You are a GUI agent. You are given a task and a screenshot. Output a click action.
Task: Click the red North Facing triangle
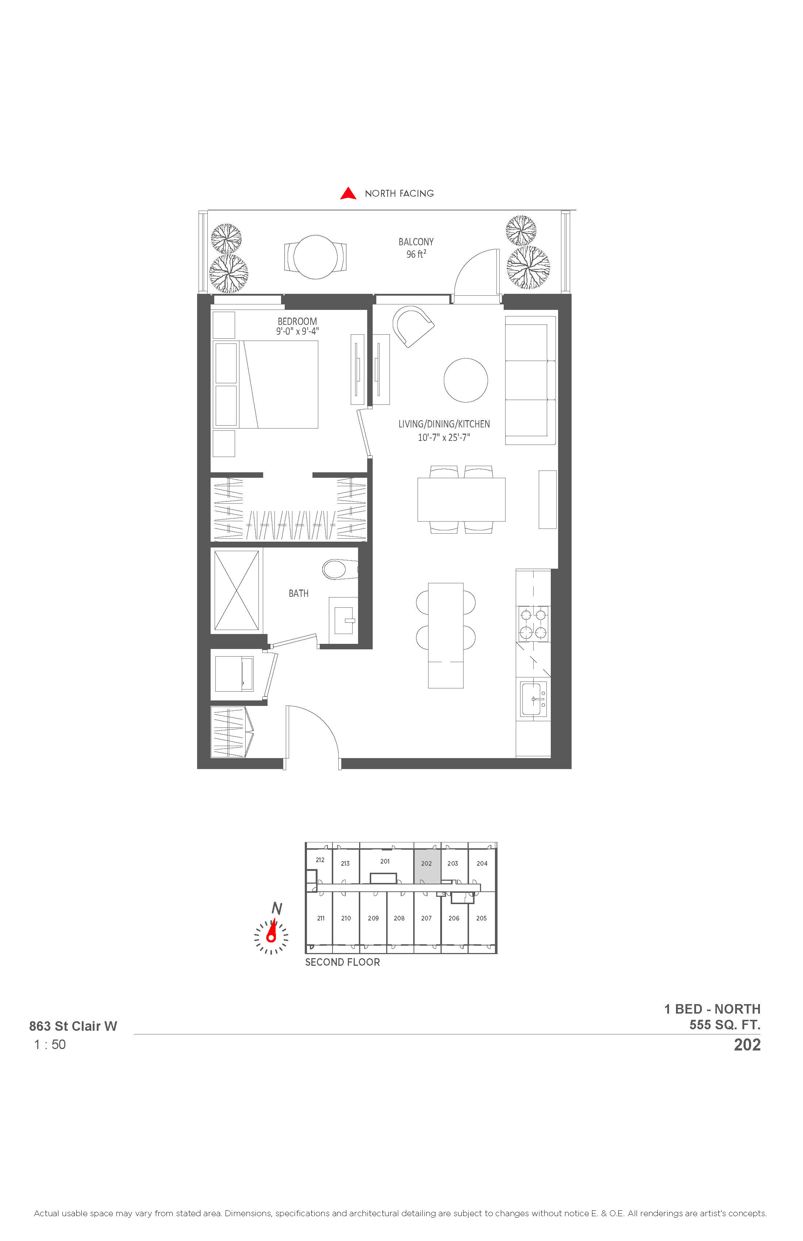(x=348, y=193)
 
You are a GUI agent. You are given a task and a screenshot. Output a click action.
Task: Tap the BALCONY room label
(x=416, y=242)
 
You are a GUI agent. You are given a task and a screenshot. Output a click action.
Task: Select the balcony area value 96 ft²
(x=416, y=254)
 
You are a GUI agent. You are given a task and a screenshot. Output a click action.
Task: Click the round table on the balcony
(x=315, y=257)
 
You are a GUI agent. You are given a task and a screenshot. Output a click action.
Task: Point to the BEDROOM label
(x=297, y=321)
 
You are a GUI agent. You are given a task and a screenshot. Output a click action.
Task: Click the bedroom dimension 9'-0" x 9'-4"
(x=297, y=331)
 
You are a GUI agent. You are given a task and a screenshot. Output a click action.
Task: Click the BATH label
(x=299, y=593)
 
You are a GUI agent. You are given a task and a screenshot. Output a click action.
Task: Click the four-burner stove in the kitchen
(x=533, y=624)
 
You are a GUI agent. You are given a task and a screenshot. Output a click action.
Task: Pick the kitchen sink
(x=533, y=699)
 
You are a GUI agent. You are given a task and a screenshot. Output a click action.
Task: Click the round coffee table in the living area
(x=466, y=380)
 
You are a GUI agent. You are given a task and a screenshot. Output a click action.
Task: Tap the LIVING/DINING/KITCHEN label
(x=444, y=424)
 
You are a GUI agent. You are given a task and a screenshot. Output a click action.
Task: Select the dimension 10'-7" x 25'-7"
(x=444, y=438)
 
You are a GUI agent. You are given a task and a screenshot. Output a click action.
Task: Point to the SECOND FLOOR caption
(x=343, y=963)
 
